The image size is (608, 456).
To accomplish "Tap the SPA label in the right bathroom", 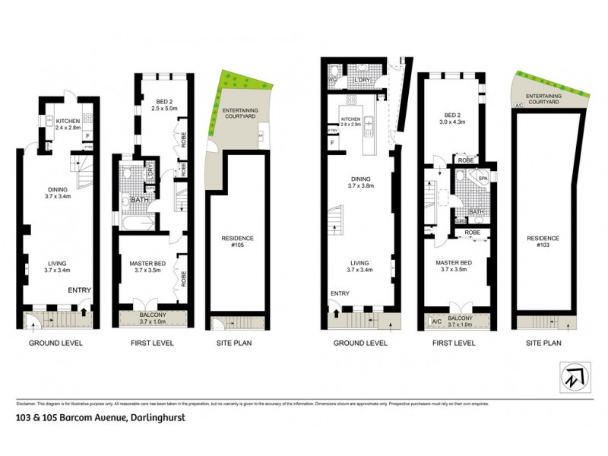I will (x=483, y=178).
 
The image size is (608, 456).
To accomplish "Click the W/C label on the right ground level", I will (x=332, y=80).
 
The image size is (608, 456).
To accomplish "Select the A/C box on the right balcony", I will (x=436, y=321).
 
